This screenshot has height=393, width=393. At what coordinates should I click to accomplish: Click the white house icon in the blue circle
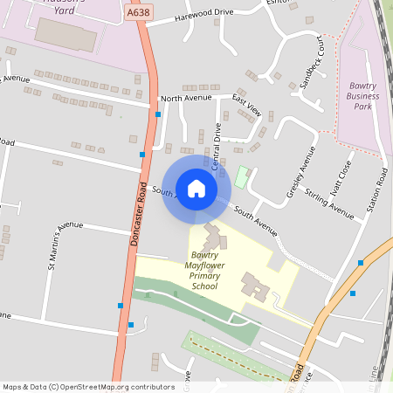[196, 188]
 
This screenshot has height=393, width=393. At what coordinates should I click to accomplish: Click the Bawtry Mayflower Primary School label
[203, 271]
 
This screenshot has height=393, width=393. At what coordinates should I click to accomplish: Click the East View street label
[246, 107]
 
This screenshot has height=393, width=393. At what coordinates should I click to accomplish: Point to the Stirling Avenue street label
[330, 202]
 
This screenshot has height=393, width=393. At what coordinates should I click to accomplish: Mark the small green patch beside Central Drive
[242, 176]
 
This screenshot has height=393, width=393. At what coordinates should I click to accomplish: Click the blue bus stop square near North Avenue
[158, 114]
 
